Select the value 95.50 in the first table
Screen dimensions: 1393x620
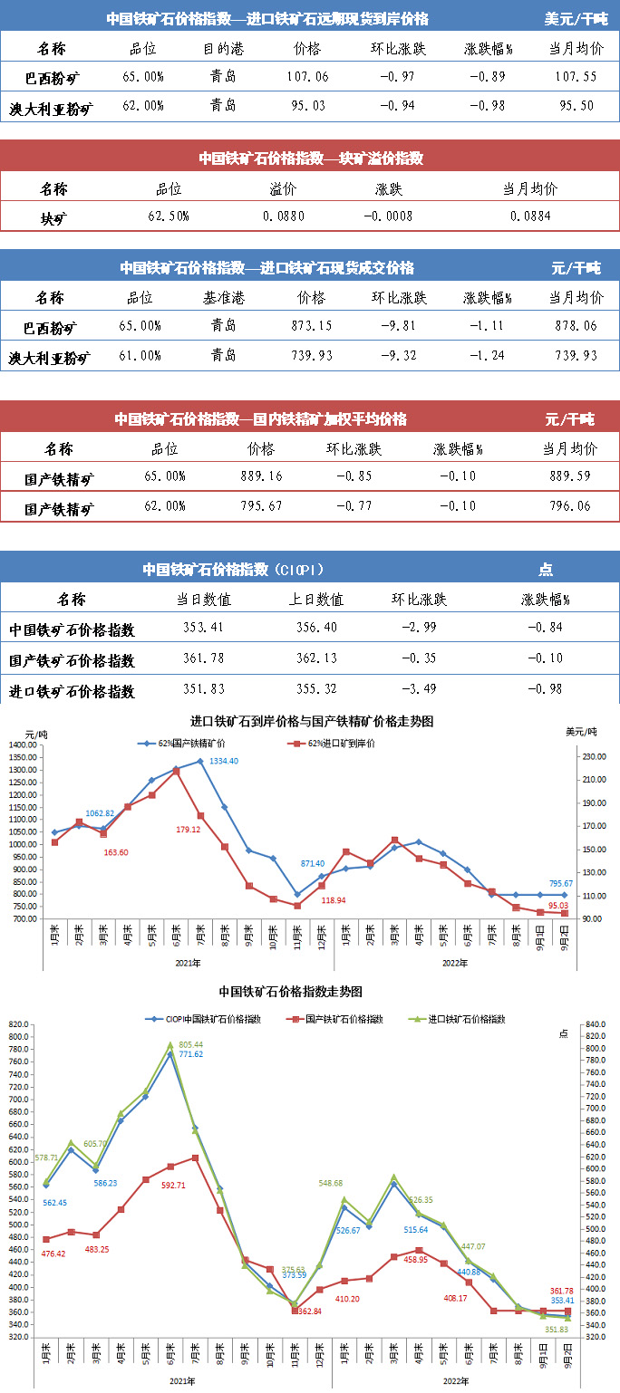pyautogui.click(x=575, y=106)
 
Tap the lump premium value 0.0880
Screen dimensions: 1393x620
pyautogui.click(x=284, y=216)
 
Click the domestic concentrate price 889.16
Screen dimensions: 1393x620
pyautogui.click(x=261, y=476)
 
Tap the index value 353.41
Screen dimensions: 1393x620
pyautogui.click(x=204, y=629)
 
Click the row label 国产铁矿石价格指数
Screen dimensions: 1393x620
pyautogui.click(x=72, y=660)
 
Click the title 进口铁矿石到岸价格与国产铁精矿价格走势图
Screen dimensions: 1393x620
pyautogui.click(x=311, y=721)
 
